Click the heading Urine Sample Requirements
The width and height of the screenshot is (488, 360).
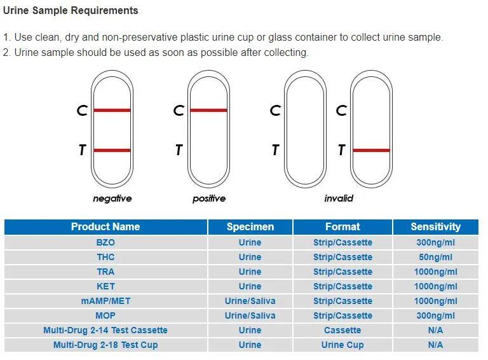[x=71, y=11]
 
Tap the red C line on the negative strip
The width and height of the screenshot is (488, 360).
[x=112, y=111]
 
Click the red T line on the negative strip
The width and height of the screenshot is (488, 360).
[x=112, y=151]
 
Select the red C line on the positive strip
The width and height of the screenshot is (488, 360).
[x=208, y=111]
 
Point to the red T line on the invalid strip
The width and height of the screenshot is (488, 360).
[x=371, y=151]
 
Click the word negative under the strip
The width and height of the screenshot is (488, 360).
[x=112, y=198]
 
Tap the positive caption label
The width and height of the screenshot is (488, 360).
[x=209, y=198]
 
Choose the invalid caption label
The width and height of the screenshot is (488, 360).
[x=339, y=198]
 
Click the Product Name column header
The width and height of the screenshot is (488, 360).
[x=105, y=226]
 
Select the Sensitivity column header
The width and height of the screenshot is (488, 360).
[x=435, y=226]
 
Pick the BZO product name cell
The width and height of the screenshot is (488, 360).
[x=105, y=242]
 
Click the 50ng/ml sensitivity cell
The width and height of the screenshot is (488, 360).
[x=435, y=257]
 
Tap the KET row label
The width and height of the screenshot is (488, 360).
[x=105, y=286]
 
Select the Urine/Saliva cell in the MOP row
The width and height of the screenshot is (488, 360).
[x=250, y=315]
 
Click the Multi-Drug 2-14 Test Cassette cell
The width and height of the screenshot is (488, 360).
[x=105, y=330]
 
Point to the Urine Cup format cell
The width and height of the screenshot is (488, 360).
[x=342, y=345]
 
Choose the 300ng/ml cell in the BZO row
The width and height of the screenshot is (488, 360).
[x=435, y=242]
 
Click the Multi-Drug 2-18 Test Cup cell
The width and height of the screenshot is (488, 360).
[x=105, y=345]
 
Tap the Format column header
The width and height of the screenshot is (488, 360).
[x=342, y=226]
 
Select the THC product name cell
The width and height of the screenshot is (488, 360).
[x=105, y=257]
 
